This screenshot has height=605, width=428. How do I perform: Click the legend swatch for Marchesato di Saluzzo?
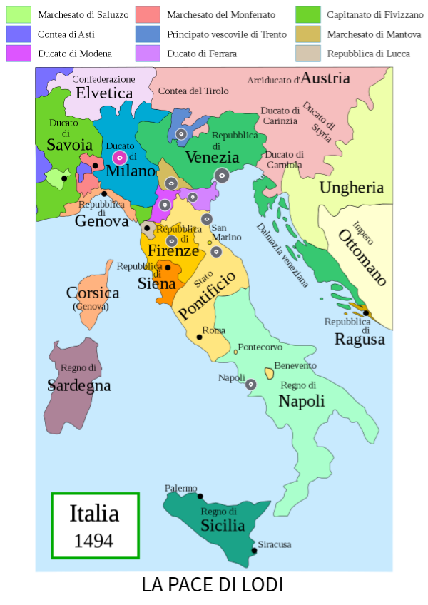click(19, 14)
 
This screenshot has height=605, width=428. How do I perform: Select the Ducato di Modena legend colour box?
click(19, 53)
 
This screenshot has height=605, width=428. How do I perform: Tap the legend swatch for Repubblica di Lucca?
click(307, 53)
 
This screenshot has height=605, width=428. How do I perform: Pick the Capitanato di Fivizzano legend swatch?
click(307, 14)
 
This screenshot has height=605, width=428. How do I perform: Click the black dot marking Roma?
click(200, 337)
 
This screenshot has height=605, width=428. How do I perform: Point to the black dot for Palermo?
click(200, 497)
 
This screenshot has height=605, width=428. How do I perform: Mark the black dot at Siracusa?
click(254, 551)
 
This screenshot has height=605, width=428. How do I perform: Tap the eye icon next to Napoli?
click(251, 385)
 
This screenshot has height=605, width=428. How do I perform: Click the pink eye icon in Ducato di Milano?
click(119, 158)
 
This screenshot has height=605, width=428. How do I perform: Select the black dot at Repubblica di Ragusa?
click(365, 312)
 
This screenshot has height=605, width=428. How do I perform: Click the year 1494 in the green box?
click(93, 540)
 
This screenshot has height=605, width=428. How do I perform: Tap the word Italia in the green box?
click(93, 514)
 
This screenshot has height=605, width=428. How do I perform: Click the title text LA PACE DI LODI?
click(213, 585)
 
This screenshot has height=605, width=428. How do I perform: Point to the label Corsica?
click(93, 293)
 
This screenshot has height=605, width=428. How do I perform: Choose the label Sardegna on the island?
click(79, 385)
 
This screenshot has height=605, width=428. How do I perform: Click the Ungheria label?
click(352, 188)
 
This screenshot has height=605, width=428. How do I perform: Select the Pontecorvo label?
click(260, 347)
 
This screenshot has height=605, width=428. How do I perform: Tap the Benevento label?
click(295, 365)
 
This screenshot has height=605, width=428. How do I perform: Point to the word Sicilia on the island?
click(222, 526)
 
